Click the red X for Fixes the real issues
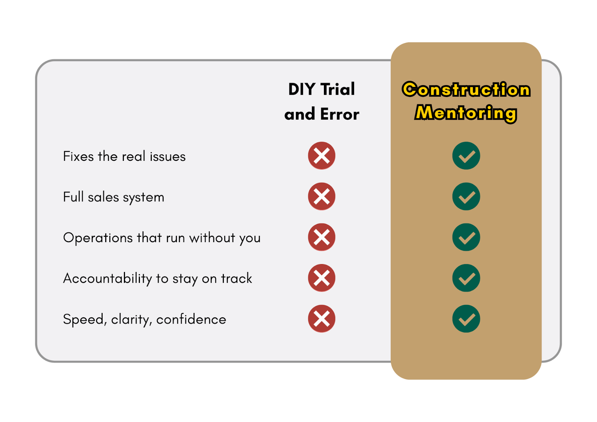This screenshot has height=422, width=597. pos(321,156)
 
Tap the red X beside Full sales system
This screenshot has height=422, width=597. pos(321,197)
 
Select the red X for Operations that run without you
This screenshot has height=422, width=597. pos(321,237)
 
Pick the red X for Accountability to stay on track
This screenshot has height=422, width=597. pos(321,278)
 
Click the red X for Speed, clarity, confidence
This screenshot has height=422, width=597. pos(321,319)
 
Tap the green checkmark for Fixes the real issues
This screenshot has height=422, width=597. pos(466,156)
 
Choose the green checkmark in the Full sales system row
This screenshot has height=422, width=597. pos(466,197)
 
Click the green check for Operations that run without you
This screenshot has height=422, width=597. pos(466,237)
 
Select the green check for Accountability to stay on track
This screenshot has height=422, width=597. pos(466,278)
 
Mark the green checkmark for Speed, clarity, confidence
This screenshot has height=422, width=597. pos(466,319)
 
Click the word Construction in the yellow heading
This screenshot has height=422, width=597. pos(466,89)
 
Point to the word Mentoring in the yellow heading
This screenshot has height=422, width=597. pos(466,113)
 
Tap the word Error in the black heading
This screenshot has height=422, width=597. pos(340,114)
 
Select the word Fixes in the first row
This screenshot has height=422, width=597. pos(78,156)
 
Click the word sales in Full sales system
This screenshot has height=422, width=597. pos(103,197)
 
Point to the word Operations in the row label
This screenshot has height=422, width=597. pos(98,238)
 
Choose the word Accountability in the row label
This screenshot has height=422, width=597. pos(107,279)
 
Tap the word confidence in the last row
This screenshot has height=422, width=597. pos(191,319)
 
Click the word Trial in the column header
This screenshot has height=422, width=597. pos(338,89)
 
